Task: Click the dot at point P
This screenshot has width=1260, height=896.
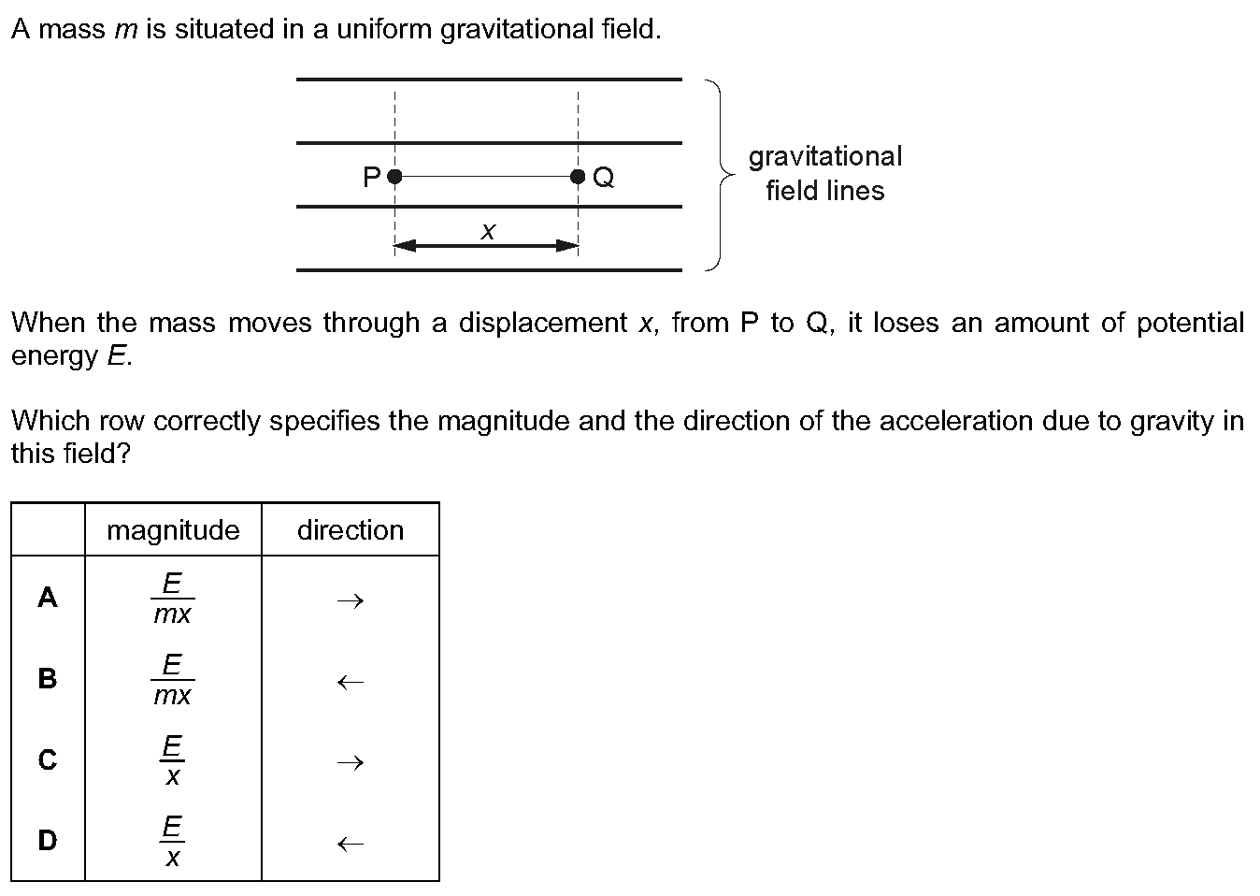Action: coord(394,177)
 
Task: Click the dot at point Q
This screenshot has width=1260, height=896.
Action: coord(578,177)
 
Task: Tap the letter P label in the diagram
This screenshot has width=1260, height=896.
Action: coord(372,178)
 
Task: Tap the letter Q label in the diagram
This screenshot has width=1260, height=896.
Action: coord(604,178)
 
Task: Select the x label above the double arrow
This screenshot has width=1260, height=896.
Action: coord(488,231)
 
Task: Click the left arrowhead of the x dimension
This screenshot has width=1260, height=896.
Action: coord(405,245)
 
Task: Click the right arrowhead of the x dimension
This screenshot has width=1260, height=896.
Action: coord(567,245)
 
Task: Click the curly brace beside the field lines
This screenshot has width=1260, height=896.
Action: coord(721,175)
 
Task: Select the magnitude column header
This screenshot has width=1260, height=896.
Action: coord(173,530)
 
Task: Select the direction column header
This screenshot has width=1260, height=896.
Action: coord(351,530)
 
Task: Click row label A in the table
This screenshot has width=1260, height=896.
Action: coord(48,597)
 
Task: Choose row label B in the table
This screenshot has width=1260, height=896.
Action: coord(48,678)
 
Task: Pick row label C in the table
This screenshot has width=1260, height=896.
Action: coord(48,759)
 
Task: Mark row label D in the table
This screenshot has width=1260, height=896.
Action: coord(48,840)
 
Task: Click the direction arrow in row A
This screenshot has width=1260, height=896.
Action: coord(351,601)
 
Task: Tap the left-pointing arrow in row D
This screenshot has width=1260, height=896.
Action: coord(351,844)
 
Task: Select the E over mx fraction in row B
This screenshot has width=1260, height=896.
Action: coord(173,679)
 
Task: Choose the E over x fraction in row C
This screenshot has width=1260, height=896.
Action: coord(172,760)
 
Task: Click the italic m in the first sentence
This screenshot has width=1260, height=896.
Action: coord(126,30)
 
